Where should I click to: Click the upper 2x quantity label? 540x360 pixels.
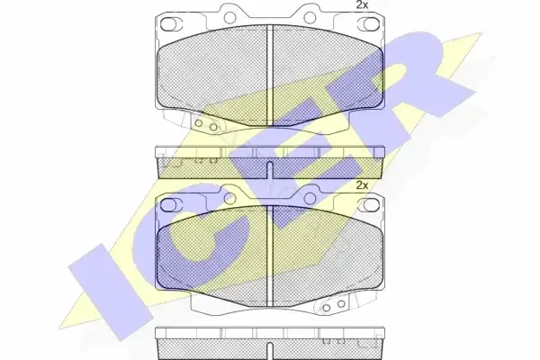click(362, 4)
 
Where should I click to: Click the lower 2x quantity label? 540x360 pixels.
click(362, 185)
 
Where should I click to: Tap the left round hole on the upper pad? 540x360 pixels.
click(230, 16)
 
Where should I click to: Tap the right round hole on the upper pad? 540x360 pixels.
click(310, 16)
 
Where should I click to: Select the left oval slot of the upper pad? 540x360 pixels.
click(168, 23)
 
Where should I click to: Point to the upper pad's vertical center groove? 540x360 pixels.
click(270, 75)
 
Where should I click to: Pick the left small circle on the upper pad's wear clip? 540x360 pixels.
click(199, 123)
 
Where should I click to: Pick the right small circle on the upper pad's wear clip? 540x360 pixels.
click(213, 127)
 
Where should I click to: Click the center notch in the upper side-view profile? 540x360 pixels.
click(270, 170)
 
